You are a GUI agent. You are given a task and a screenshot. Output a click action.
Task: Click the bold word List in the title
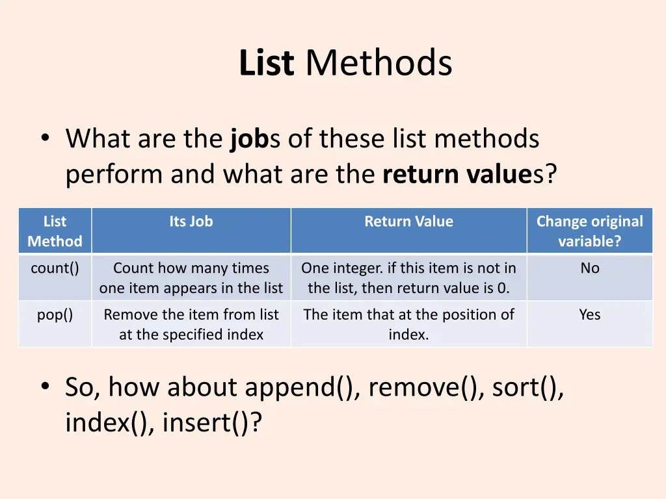point(267,64)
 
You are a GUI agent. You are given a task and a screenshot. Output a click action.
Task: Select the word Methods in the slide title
point(379,64)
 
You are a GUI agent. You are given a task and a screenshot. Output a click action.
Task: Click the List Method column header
point(55,231)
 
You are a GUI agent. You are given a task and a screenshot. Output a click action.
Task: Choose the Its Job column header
point(191,222)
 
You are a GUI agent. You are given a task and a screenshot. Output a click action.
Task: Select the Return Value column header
point(408,222)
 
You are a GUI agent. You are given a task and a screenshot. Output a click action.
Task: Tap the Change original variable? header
point(589,231)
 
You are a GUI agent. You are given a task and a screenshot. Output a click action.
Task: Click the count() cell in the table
point(55,268)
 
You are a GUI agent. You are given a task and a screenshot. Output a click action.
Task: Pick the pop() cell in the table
point(55,314)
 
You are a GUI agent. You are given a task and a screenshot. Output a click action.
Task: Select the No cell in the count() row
point(589,268)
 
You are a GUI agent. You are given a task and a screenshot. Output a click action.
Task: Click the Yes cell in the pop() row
point(589,314)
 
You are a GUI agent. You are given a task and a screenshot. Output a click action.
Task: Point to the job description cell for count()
point(191,277)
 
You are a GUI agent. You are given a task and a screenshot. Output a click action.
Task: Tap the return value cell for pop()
point(408,324)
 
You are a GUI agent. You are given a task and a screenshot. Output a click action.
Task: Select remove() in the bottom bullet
point(427,388)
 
